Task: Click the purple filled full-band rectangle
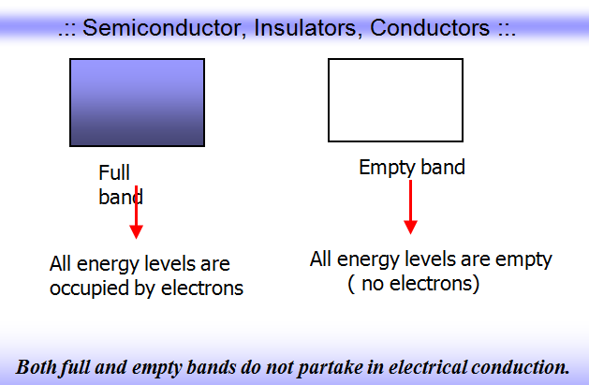[137, 102]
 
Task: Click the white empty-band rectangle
[395, 99]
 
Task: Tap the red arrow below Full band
[137, 214]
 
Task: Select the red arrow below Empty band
[410, 208]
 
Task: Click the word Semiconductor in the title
[155, 27]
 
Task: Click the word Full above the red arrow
[113, 174]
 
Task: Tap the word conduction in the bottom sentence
[520, 365]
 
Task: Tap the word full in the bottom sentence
[78, 365]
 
